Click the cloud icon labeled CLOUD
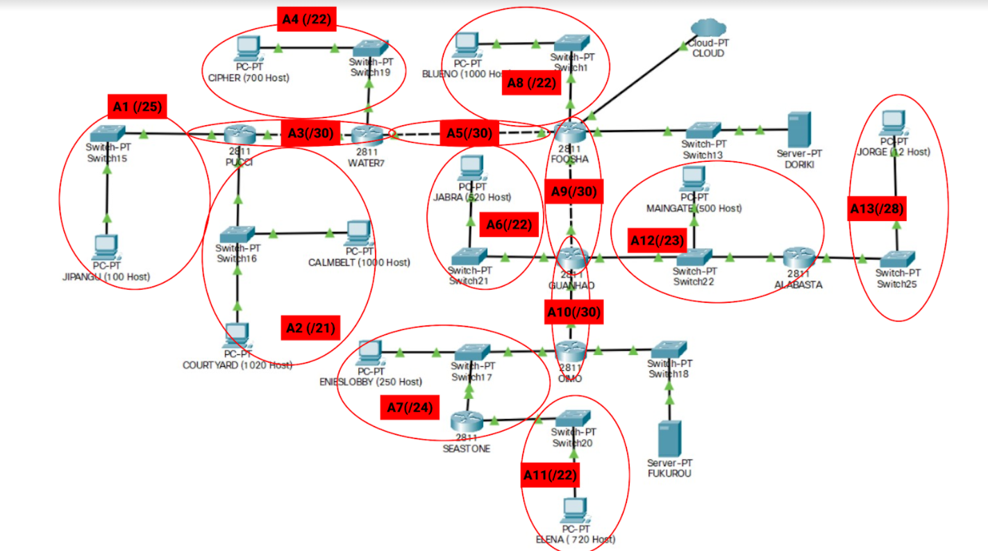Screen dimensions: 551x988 click(x=707, y=28)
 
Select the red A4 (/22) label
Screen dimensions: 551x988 click(x=306, y=20)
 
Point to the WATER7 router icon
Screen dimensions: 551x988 click(x=367, y=135)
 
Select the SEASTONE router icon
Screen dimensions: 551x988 click(x=467, y=421)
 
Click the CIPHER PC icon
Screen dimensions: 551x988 click(x=247, y=49)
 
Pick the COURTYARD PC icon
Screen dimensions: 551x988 click(x=237, y=336)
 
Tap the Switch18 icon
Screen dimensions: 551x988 click(x=669, y=349)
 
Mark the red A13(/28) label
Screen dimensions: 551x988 click(x=878, y=208)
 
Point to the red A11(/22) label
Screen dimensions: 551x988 click(x=549, y=475)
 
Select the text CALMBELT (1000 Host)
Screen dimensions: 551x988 click(x=358, y=263)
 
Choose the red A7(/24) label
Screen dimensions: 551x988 click(x=410, y=407)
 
